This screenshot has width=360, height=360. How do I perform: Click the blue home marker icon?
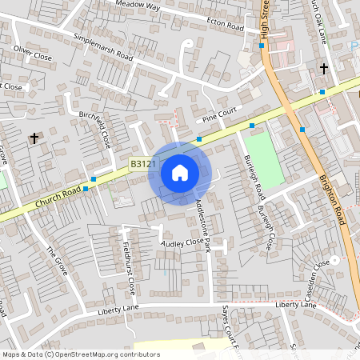coord(179,173)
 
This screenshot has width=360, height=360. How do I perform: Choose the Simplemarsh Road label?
coord(102,47)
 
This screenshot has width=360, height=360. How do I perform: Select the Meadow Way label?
coord(138,6)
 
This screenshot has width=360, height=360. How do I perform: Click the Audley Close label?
coord(183,242)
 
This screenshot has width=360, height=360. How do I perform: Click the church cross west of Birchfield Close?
coord(34,138)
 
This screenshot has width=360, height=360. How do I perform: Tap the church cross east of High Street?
coord(324,69)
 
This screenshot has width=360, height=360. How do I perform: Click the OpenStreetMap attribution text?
coord(80,354)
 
